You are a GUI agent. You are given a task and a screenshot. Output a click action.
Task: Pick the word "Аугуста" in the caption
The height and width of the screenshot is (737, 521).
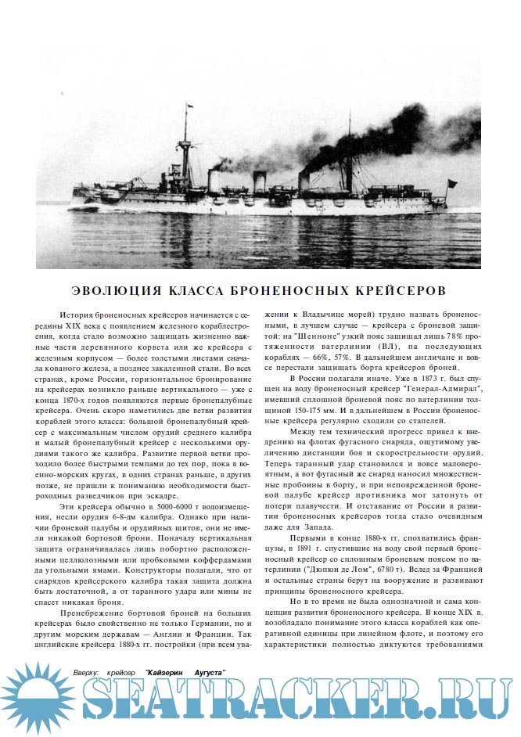point(207,672)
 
